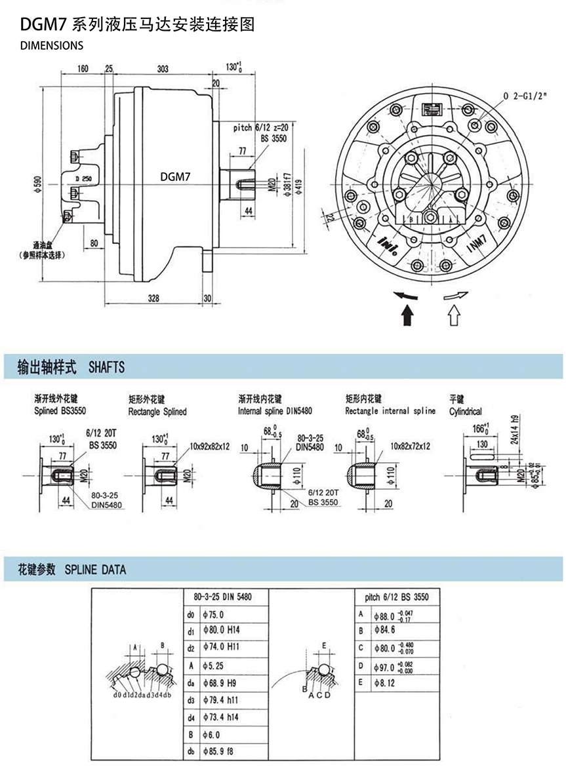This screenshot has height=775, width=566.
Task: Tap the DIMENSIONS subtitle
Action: coord(52,46)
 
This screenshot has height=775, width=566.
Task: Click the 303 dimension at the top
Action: coord(163,68)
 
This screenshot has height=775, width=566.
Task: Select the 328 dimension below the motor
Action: coord(153,298)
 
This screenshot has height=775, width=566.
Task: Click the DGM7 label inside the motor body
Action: coord(176,176)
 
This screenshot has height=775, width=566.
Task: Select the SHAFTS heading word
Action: coord(106,367)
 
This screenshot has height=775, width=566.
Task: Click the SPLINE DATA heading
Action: coord(96,570)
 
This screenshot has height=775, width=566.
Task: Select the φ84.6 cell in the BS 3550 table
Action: coord(384,631)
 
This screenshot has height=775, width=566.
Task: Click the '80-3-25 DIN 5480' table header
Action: coord(223,597)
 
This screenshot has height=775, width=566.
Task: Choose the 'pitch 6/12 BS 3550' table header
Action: coord(396,597)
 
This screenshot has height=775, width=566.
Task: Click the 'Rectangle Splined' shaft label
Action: coord(157,412)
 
